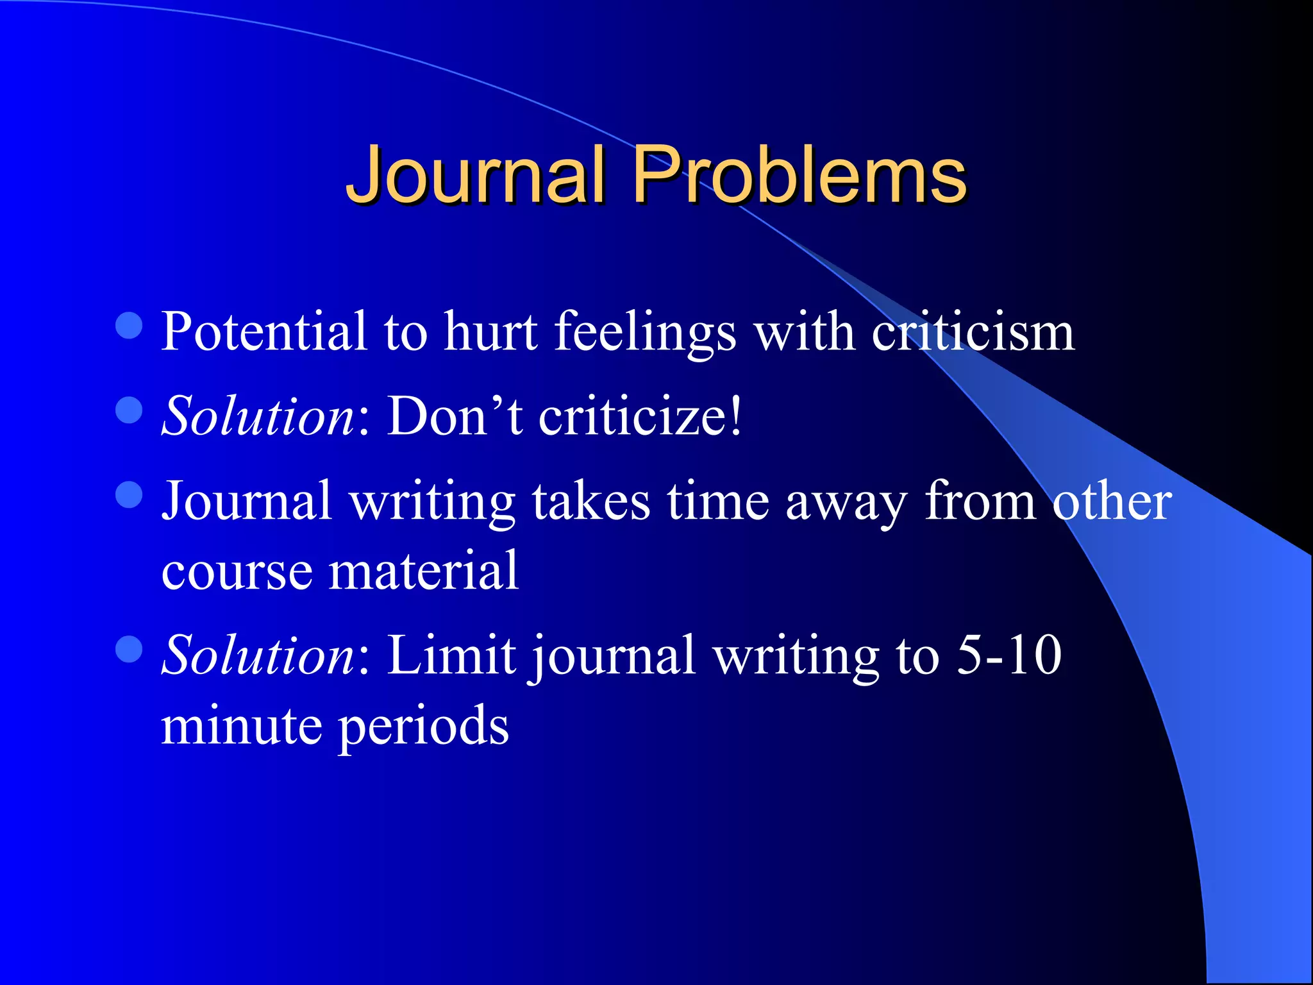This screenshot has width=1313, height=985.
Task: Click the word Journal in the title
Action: (x=475, y=174)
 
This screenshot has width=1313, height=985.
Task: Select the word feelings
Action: (x=645, y=332)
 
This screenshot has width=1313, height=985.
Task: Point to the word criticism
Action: (x=973, y=332)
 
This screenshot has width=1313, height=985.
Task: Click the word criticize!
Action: (x=640, y=416)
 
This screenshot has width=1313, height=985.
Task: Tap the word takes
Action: (x=590, y=501)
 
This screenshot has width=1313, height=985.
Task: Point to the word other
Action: (x=1112, y=501)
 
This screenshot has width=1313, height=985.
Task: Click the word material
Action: (x=423, y=570)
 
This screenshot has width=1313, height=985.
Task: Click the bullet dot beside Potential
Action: (x=129, y=325)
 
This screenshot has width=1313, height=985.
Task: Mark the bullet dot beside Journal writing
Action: (x=129, y=494)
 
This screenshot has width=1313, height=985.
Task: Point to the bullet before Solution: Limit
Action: (x=129, y=648)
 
